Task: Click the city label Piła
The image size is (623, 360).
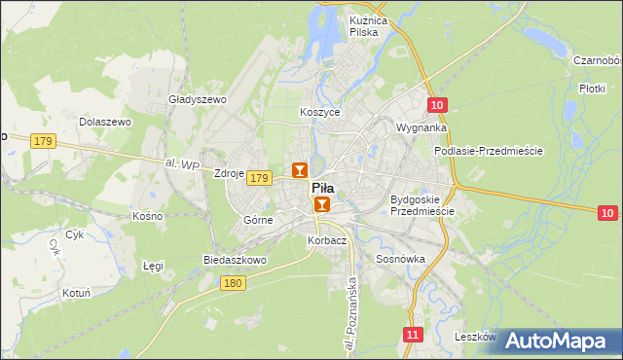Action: point(322,189)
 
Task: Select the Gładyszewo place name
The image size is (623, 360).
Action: point(197,99)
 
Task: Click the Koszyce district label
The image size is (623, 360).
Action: point(320,112)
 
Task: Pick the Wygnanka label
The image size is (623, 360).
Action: point(421,127)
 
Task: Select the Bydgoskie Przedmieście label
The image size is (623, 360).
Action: point(421,205)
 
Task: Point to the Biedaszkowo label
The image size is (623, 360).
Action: point(235,261)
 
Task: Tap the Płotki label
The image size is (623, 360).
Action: point(592,88)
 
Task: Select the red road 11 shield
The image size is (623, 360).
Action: point(413,335)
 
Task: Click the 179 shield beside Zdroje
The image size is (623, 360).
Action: point(258,178)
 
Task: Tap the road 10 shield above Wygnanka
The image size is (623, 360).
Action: point(437,105)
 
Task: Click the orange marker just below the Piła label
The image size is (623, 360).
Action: point(322,205)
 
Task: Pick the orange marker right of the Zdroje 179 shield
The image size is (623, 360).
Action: point(299,170)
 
